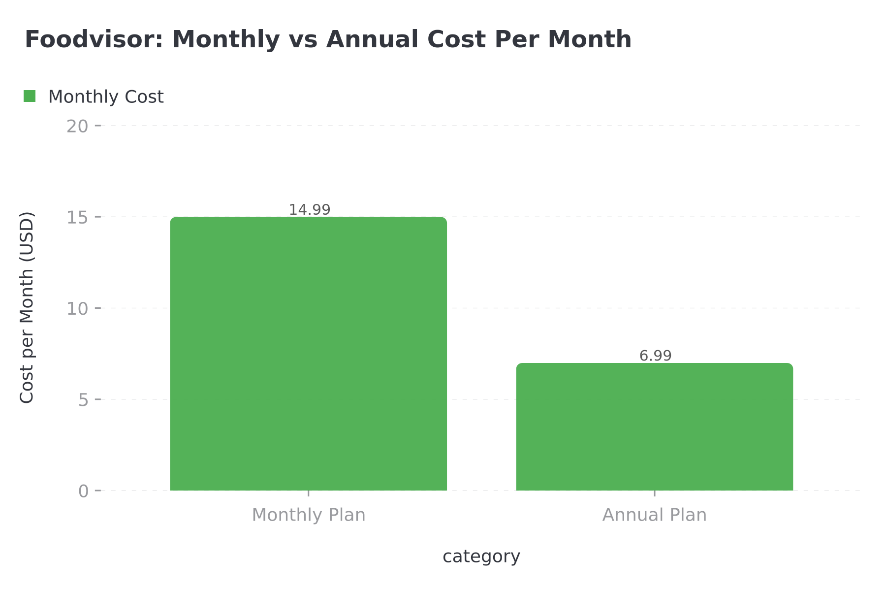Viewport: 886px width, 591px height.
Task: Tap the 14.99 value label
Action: pos(309,210)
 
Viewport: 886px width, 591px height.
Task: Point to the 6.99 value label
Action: pos(655,356)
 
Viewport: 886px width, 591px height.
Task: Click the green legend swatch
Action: pos(30,97)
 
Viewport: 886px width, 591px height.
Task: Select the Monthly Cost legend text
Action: pos(105,97)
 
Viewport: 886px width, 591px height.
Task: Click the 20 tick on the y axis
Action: pos(77,126)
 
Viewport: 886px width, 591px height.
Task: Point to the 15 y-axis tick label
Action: pos(77,217)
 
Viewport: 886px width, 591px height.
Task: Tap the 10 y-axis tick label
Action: pos(77,309)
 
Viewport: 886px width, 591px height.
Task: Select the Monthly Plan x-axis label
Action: pos(309,515)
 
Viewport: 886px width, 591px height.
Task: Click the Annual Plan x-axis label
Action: pos(654,515)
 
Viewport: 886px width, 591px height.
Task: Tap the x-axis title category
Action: pos(481,557)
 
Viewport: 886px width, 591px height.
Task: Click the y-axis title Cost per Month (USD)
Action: pos(27,307)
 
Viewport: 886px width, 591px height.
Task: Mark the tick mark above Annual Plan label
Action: pos(654,493)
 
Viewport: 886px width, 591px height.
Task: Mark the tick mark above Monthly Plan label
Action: pos(308,493)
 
